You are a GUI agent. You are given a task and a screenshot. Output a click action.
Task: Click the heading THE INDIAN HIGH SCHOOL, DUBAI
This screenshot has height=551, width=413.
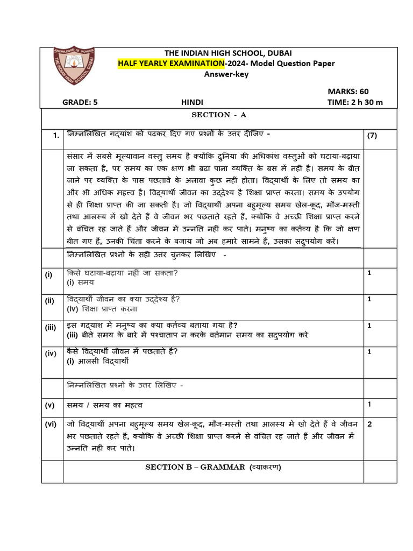(229, 53)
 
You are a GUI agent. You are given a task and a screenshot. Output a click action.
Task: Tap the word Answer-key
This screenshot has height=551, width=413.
(226, 74)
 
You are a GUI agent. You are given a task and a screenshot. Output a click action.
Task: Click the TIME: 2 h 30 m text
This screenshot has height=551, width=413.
(355, 102)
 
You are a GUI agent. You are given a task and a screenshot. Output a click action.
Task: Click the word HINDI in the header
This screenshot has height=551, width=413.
(190, 102)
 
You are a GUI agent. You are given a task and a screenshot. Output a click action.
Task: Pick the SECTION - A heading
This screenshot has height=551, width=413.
(219, 115)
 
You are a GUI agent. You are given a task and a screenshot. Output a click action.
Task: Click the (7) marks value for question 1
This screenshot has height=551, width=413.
(372, 136)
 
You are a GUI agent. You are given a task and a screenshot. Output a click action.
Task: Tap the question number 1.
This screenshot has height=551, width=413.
(56, 136)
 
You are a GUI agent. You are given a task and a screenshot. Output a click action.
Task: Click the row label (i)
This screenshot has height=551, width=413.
(49, 274)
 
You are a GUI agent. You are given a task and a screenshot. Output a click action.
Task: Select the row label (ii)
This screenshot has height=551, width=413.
(50, 301)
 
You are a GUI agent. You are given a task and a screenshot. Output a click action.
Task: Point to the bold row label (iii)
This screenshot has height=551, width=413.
(51, 326)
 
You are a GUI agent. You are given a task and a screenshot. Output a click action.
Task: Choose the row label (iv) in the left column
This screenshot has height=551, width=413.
(51, 353)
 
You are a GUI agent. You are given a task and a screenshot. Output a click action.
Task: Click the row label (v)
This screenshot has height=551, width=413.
(50, 404)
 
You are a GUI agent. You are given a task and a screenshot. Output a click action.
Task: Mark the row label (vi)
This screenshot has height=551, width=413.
(51, 424)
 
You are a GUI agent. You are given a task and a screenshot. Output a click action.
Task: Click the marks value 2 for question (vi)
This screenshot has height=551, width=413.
(369, 424)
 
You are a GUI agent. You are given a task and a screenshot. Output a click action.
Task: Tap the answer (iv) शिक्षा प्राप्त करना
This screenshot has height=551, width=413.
(102, 309)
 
